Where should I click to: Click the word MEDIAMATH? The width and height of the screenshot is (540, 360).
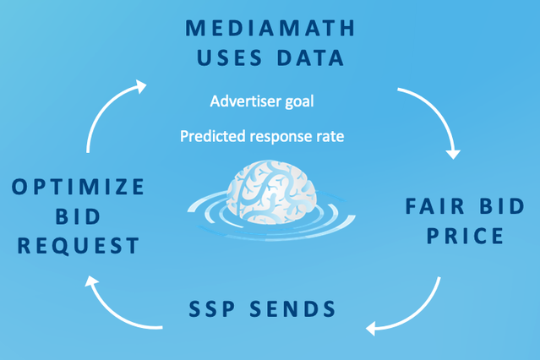(x=270, y=28)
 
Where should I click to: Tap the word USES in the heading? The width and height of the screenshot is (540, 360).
(x=229, y=57)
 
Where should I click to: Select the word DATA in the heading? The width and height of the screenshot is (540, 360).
(x=311, y=57)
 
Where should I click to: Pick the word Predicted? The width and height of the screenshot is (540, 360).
(x=213, y=136)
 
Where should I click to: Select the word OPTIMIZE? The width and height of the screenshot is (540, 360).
(x=79, y=187)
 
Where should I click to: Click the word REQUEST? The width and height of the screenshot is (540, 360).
(x=79, y=246)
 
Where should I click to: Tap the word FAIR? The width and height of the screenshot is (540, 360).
(x=434, y=206)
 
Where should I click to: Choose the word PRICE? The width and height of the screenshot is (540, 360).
(x=466, y=236)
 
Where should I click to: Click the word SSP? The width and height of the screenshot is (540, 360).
(x=212, y=308)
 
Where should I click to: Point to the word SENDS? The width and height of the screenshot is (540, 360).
(x=292, y=308)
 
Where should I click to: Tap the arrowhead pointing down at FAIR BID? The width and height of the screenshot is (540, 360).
(x=453, y=155)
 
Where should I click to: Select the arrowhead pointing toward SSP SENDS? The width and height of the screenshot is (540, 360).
(x=371, y=328)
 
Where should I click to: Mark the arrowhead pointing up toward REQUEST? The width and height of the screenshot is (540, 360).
(x=91, y=281)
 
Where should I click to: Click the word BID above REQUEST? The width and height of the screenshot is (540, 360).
(x=79, y=216)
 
